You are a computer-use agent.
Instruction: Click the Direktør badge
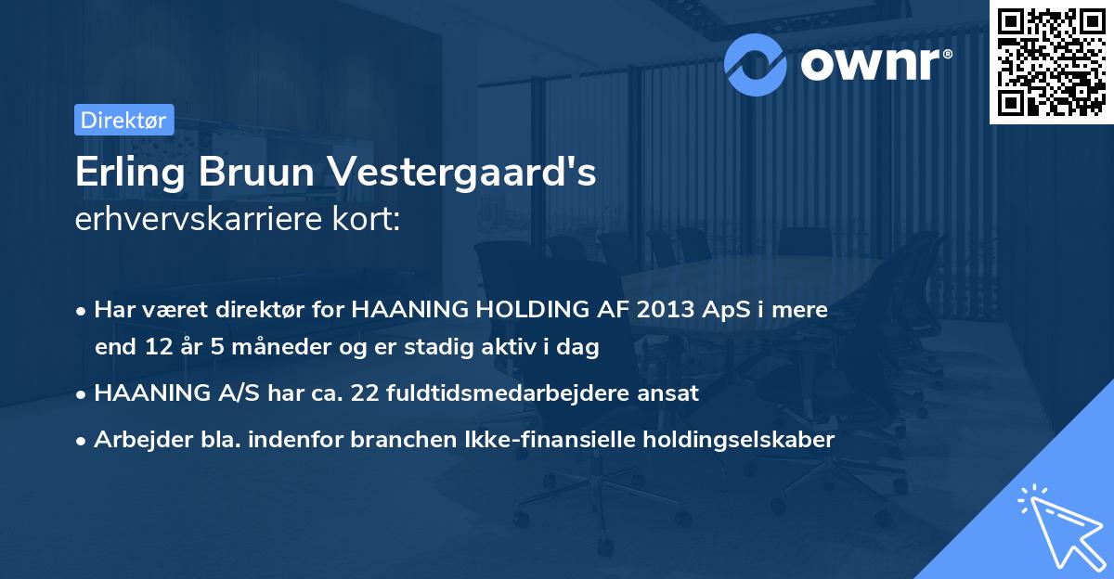pos(123,120)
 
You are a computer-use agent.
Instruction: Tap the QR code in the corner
pos(1051,62)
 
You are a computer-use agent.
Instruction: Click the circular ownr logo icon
pos(756,62)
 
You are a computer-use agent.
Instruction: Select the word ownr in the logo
pos(874,63)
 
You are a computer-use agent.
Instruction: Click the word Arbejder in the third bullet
pos(136,440)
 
